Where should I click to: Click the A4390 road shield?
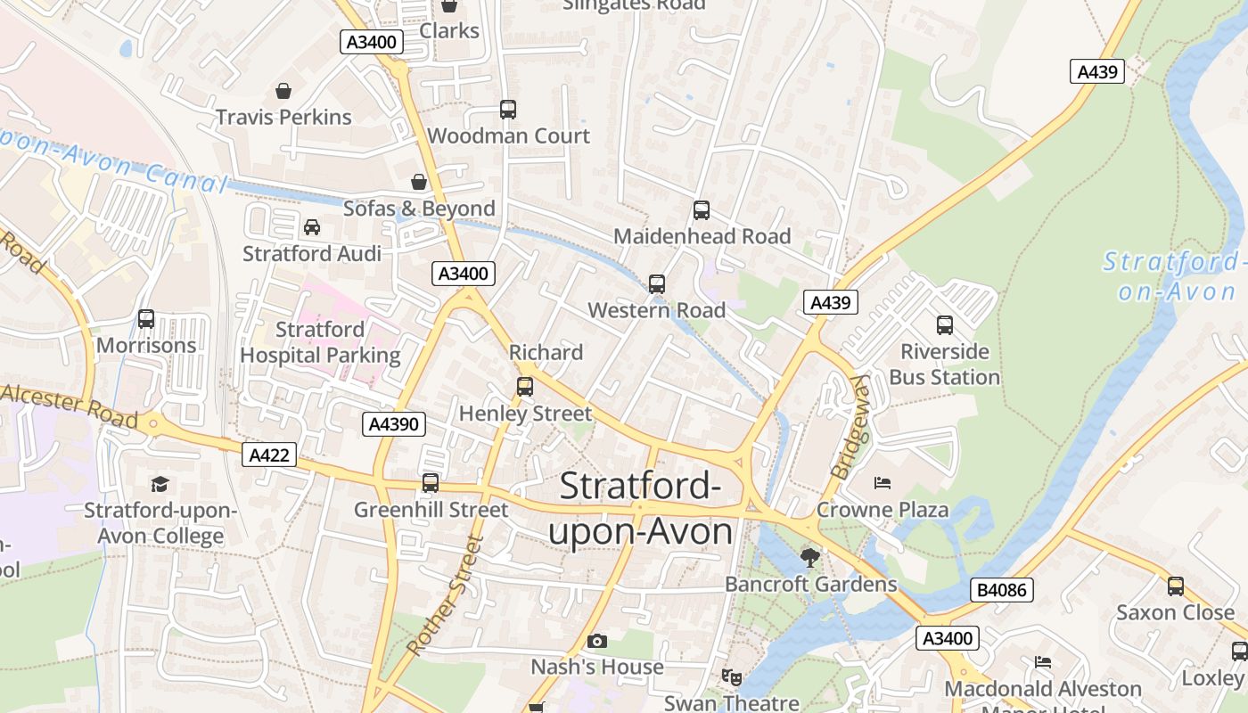tap(394, 424)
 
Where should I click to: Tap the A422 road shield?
tap(269, 455)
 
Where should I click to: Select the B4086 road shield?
tap(1001, 589)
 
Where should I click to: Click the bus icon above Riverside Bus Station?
tap(945, 325)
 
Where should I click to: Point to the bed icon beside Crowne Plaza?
tap(883, 484)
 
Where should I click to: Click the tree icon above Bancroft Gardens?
tap(809, 558)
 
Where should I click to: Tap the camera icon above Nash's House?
tap(597, 641)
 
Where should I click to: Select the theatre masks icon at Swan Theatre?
tap(731, 677)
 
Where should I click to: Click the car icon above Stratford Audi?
tap(312, 227)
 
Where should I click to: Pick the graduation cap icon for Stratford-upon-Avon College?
tap(160, 484)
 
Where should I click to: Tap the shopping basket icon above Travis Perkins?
tap(283, 91)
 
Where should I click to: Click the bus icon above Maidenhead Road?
tap(702, 210)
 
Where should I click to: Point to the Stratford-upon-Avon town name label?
tap(640, 509)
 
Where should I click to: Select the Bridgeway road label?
tap(850, 426)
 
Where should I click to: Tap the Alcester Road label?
tap(70, 406)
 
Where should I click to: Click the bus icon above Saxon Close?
tap(1176, 586)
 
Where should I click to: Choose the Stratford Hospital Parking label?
tap(320, 342)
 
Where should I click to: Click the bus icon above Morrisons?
tap(146, 319)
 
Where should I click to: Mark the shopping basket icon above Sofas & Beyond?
tap(419, 183)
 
